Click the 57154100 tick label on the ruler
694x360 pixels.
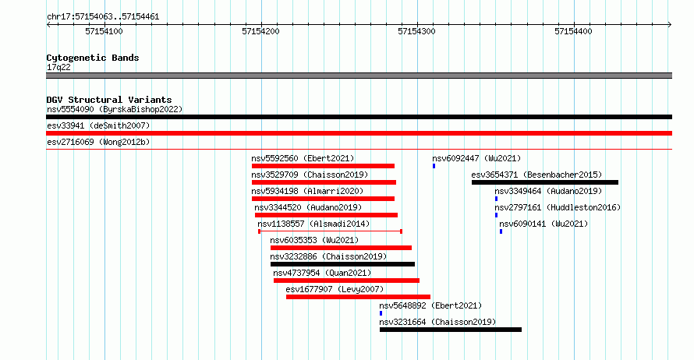[104, 31]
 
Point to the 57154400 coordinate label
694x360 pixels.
[573, 31]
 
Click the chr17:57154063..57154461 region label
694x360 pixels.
[103, 17]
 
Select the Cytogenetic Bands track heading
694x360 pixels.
[93, 58]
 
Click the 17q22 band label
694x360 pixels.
[58, 67]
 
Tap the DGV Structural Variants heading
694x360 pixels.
[109, 100]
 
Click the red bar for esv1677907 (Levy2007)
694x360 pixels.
[358, 297]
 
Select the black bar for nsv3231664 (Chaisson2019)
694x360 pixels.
[451, 330]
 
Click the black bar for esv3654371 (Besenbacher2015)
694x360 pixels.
[545, 182]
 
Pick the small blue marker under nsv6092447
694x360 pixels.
[434, 166]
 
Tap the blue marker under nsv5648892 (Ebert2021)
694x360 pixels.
[381, 313]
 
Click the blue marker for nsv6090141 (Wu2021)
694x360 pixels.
[501, 231]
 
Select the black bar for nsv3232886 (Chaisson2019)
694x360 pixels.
[342, 264]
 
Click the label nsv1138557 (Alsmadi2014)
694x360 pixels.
[313, 224]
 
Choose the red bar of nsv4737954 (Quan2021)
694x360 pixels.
[346, 281]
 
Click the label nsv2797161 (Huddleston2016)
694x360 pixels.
[558, 207]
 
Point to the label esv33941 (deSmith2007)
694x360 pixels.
[98, 125]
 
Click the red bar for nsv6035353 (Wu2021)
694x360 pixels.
[341, 248]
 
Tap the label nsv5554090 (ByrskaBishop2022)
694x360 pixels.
[115, 109]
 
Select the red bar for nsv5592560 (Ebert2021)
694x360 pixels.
[323, 166]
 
